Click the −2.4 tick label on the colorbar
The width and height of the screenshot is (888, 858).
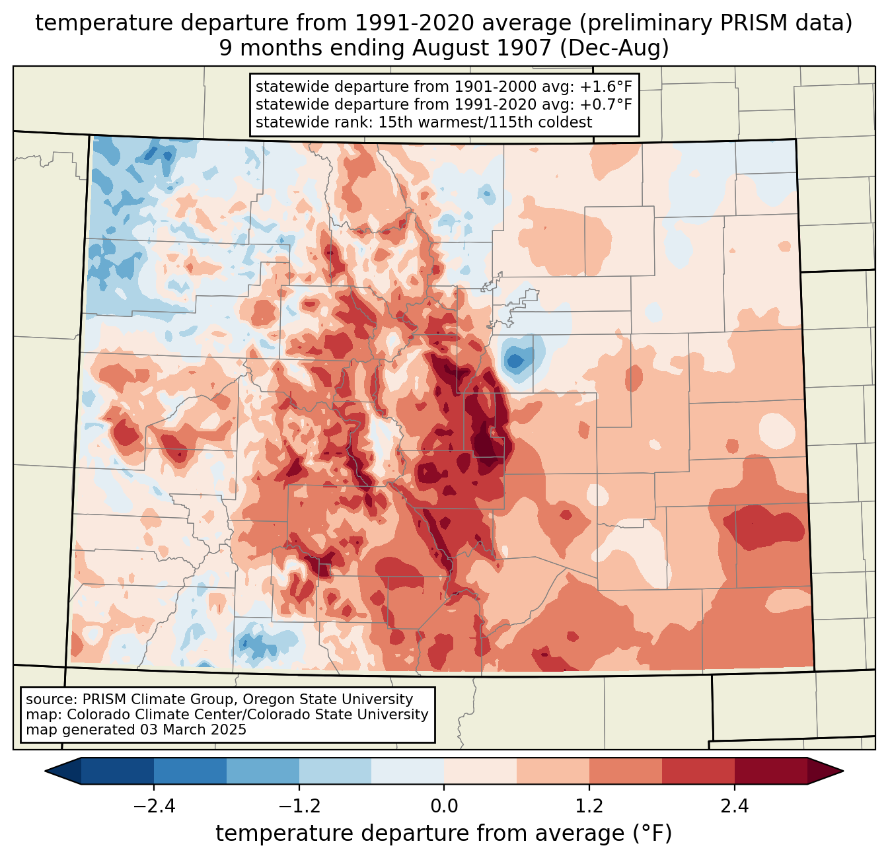tap(154, 806)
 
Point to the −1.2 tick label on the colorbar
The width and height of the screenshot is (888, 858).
tap(299, 806)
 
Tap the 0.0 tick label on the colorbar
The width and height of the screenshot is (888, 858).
tap(444, 806)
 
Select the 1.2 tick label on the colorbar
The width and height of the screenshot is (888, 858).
tap(589, 806)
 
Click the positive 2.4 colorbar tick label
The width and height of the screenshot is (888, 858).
tap(734, 806)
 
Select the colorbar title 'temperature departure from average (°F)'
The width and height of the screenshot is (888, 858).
tap(444, 834)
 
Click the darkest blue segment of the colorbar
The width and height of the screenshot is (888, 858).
tap(118, 771)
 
